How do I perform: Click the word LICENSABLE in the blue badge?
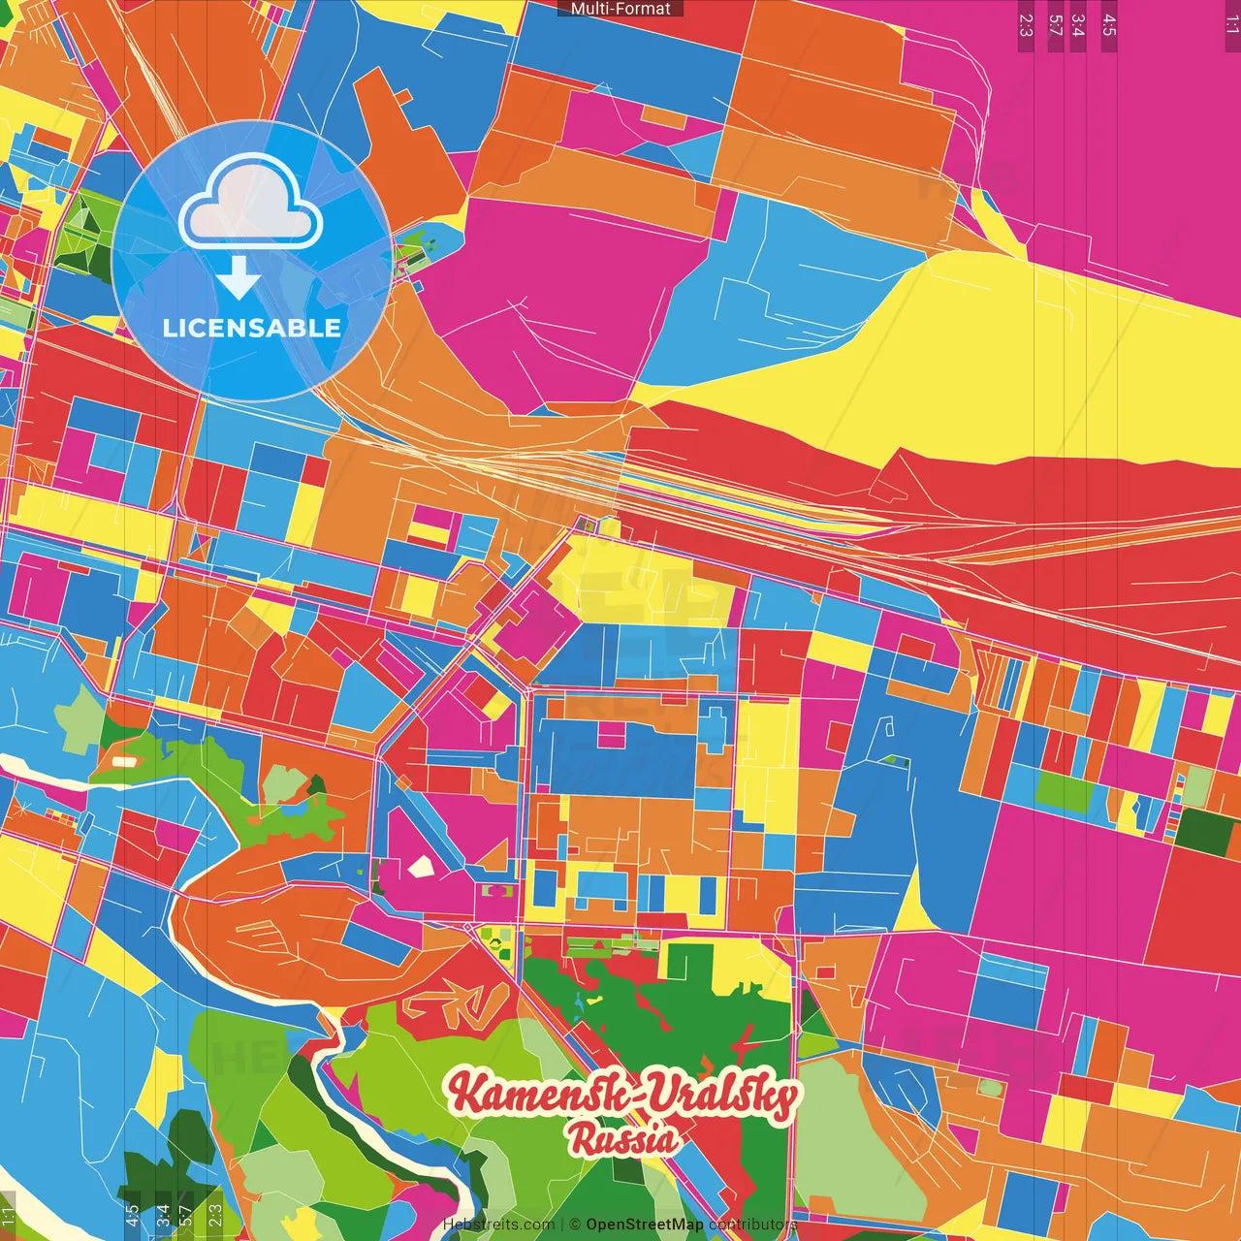[251, 328]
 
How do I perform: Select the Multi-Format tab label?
[620, 9]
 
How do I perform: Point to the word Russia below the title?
[623, 1139]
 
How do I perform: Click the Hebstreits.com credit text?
[498, 1225]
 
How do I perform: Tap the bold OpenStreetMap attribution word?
[645, 1225]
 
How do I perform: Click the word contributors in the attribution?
[752, 1225]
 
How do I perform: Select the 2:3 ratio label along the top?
[1026, 25]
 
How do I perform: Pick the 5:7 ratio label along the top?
[1056, 25]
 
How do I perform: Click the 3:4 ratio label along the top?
[1078, 25]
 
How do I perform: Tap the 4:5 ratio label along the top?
[1109, 25]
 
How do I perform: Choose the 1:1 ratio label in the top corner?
[1232, 25]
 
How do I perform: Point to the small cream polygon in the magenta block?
[421, 867]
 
